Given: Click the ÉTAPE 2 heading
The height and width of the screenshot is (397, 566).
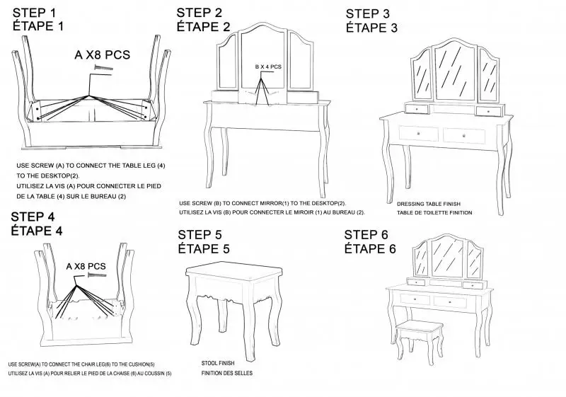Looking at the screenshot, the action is click(204, 27).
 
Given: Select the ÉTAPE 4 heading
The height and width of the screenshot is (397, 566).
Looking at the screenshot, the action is click(37, 231).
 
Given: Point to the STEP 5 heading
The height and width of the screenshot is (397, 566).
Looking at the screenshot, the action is click(204, 234).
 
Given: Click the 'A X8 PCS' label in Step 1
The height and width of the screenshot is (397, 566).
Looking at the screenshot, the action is click(102, 54).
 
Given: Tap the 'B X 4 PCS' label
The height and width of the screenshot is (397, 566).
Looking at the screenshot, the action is click(268, 67).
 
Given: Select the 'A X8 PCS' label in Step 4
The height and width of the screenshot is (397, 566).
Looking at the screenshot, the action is click(86, 266).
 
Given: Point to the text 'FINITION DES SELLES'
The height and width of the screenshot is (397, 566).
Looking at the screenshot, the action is click(226, 373).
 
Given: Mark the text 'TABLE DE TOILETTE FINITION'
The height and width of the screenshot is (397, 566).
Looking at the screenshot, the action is click(434, 212).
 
